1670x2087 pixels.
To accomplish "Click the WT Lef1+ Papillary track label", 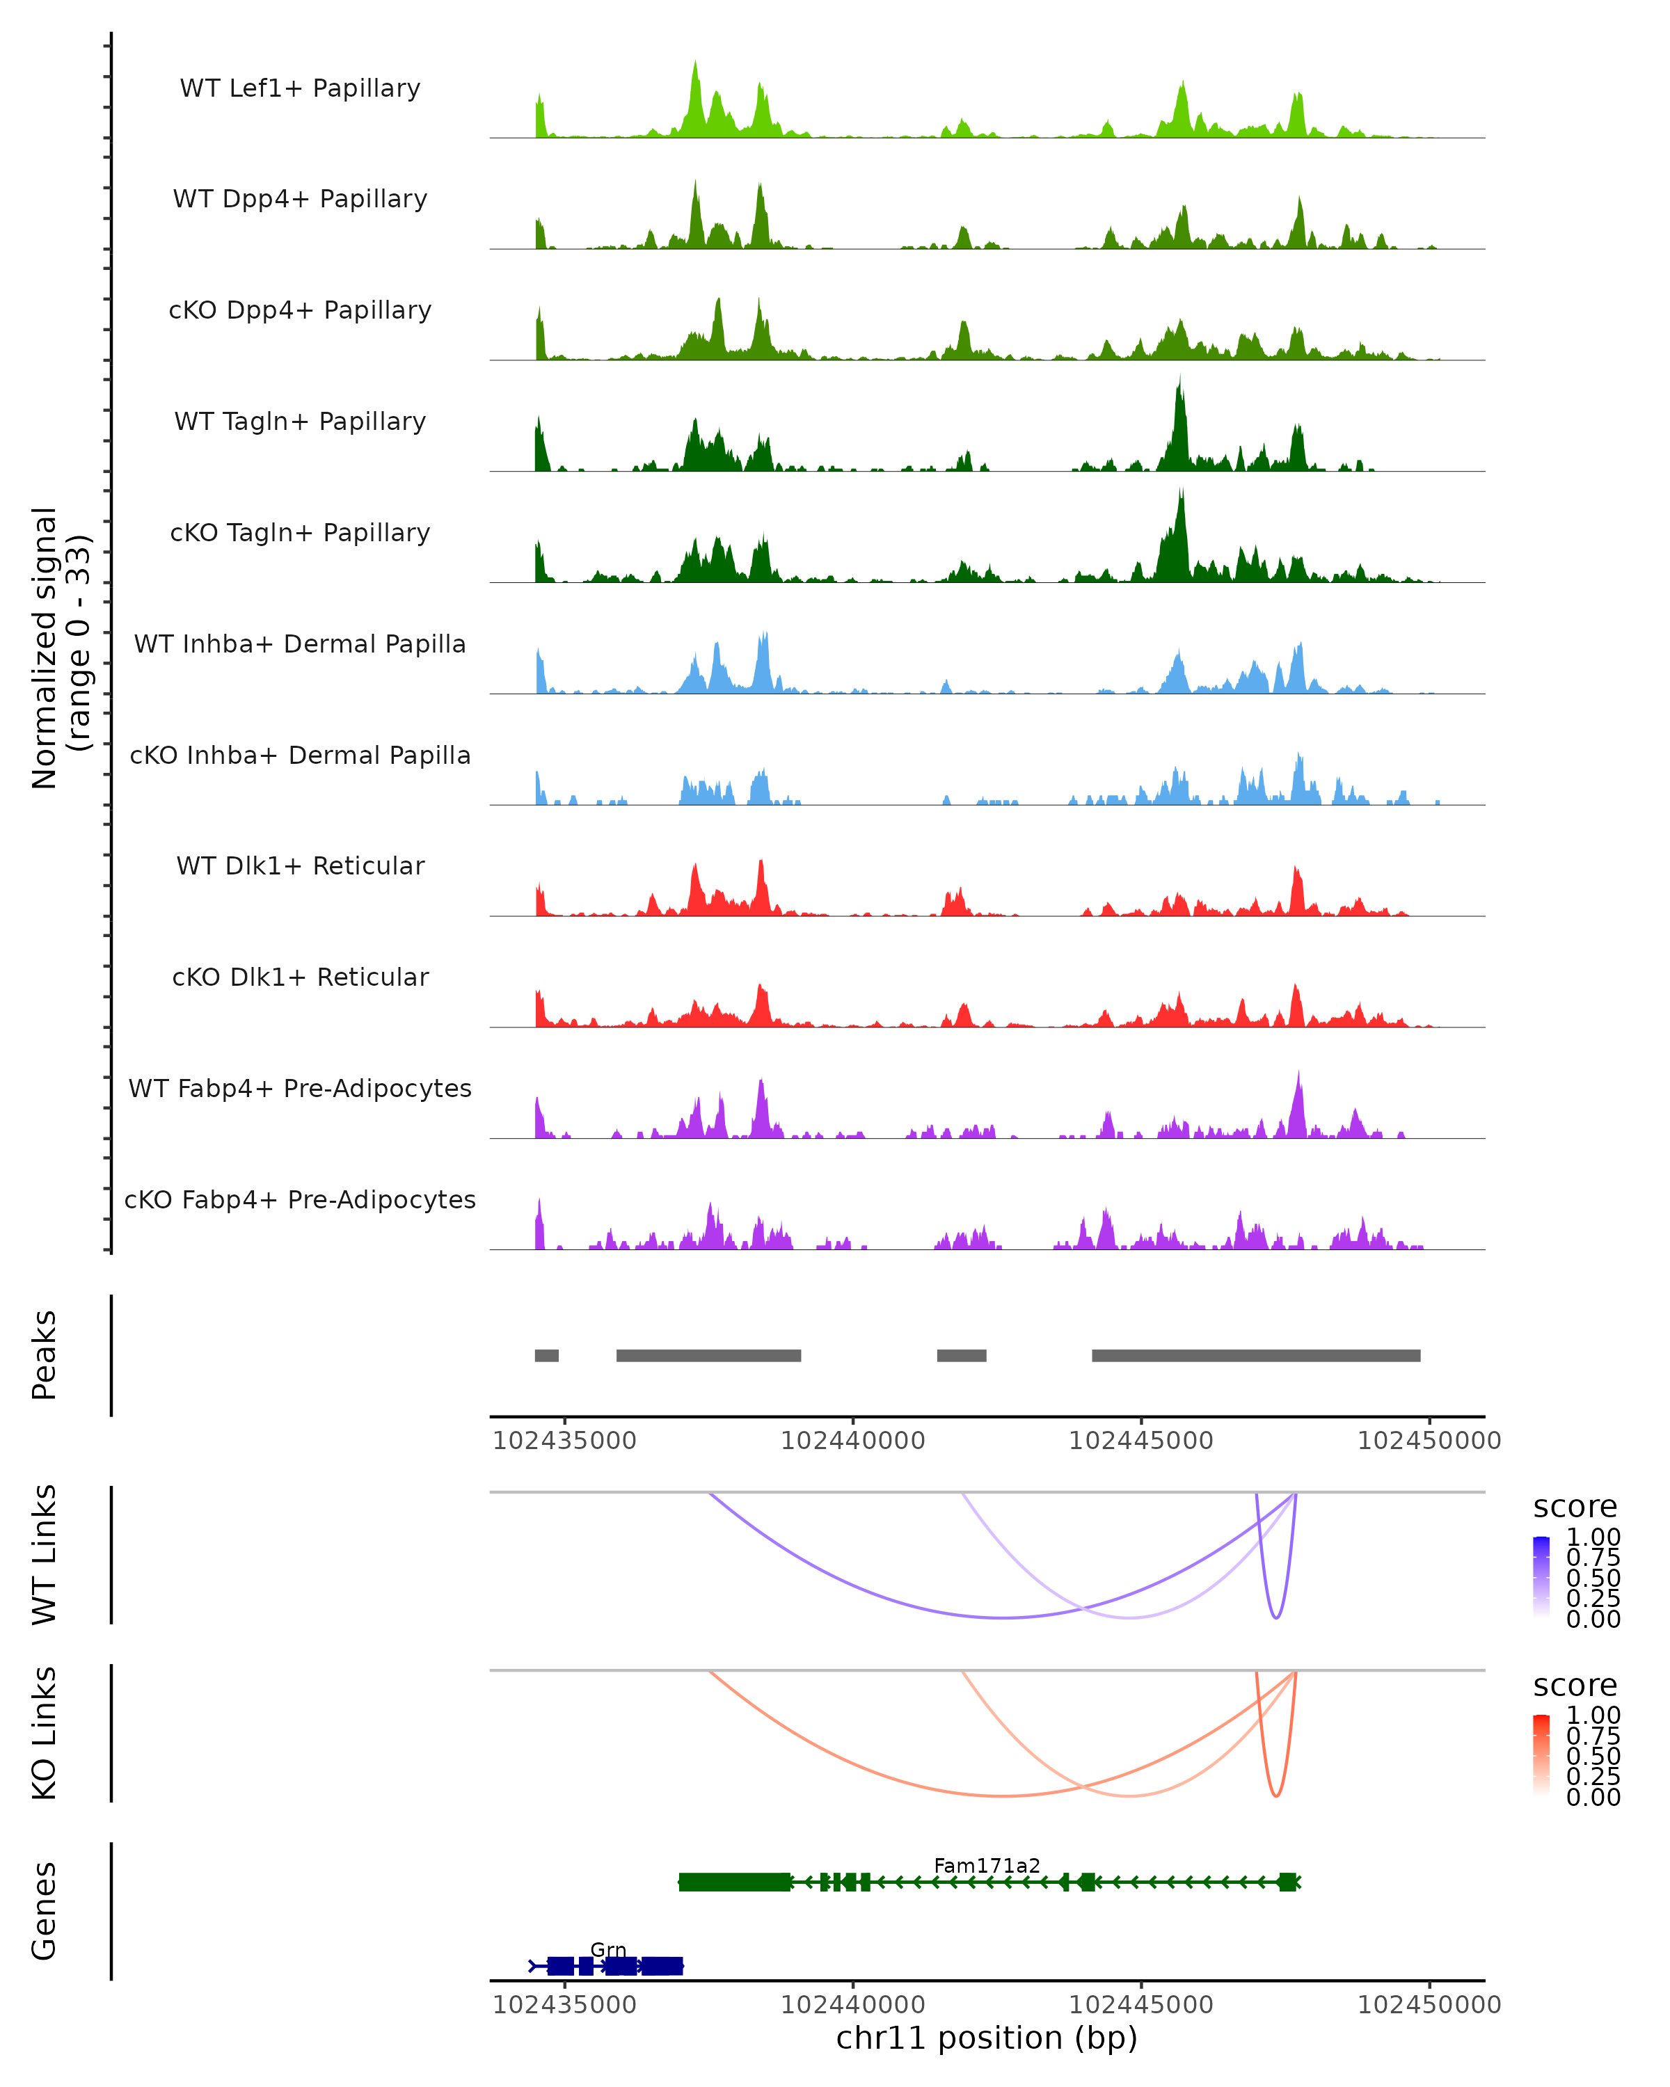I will tap(300, 88).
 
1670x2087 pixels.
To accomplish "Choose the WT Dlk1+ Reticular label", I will tap(300, 865).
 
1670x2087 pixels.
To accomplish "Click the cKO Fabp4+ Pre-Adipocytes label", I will tap(300, 1199).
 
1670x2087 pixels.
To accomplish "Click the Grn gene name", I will tap(608, 1949).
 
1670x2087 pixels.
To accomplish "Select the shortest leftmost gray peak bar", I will tap(547, 1355).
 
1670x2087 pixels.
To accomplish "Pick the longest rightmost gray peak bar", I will tap(1256, 1355).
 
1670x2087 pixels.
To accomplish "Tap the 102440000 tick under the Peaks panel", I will tap(853, 1441).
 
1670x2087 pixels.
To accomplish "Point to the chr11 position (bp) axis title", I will tap(987, 2038).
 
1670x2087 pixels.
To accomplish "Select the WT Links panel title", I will tap(45, 1555).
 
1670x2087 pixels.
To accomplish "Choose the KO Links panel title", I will tap(45, 1733).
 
